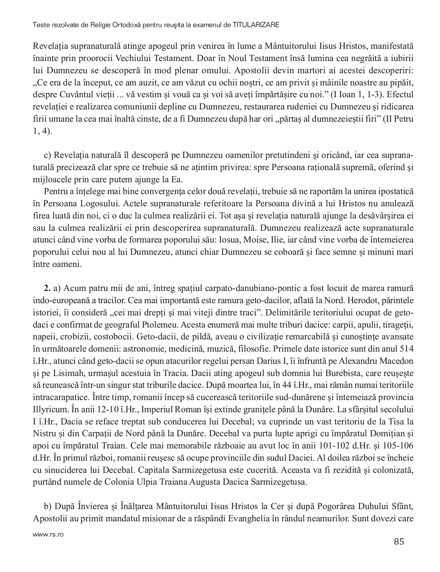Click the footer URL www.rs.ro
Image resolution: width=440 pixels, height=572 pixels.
48,535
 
